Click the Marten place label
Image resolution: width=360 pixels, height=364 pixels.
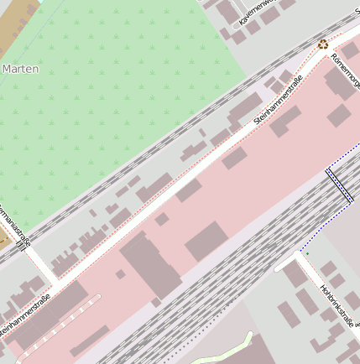coord(20,69)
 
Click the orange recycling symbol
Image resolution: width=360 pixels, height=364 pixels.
coord(322,44)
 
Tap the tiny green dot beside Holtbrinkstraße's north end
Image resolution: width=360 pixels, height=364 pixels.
coord(307,252)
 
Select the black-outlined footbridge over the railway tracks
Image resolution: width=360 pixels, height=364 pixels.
coord(339,185)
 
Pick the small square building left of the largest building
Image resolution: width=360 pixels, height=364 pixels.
coord(120,274)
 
